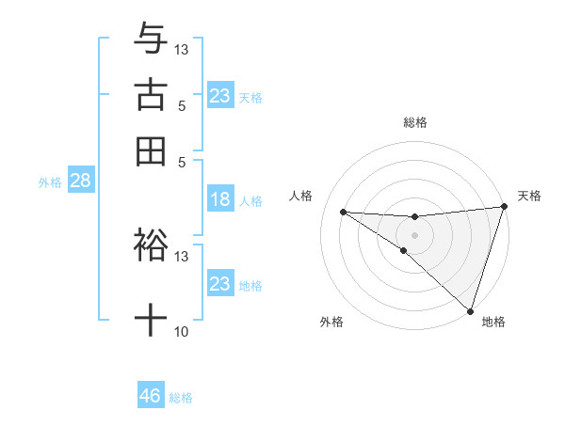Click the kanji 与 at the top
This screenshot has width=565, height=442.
pos(151,39)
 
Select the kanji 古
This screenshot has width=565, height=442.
pos(151,95)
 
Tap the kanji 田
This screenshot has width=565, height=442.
pos(151,150)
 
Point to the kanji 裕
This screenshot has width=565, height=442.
pos(151,244)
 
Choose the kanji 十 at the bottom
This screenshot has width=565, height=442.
pos(151,321)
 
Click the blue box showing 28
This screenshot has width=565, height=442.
pos(80,182)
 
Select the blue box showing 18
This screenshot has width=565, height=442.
pos(219,199)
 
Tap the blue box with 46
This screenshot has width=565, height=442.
pos(151,396)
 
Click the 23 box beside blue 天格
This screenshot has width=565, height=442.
pos(219,96)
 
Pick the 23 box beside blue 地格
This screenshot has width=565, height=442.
pos(219,284)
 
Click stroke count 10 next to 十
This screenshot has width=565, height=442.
pos(181,332)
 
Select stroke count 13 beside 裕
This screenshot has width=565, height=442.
pos(182,256)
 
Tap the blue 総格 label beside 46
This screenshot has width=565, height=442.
pos(181,398)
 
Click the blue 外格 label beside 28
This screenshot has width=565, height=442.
pos(50,182)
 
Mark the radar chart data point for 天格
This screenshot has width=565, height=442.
pos(504,207)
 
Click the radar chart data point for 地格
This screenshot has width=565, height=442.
pos(470,310)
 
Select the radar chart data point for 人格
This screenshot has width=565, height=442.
pos(343,212)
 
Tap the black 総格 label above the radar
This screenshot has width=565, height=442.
pos(415,122)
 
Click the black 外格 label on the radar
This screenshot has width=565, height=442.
pos(331,322)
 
